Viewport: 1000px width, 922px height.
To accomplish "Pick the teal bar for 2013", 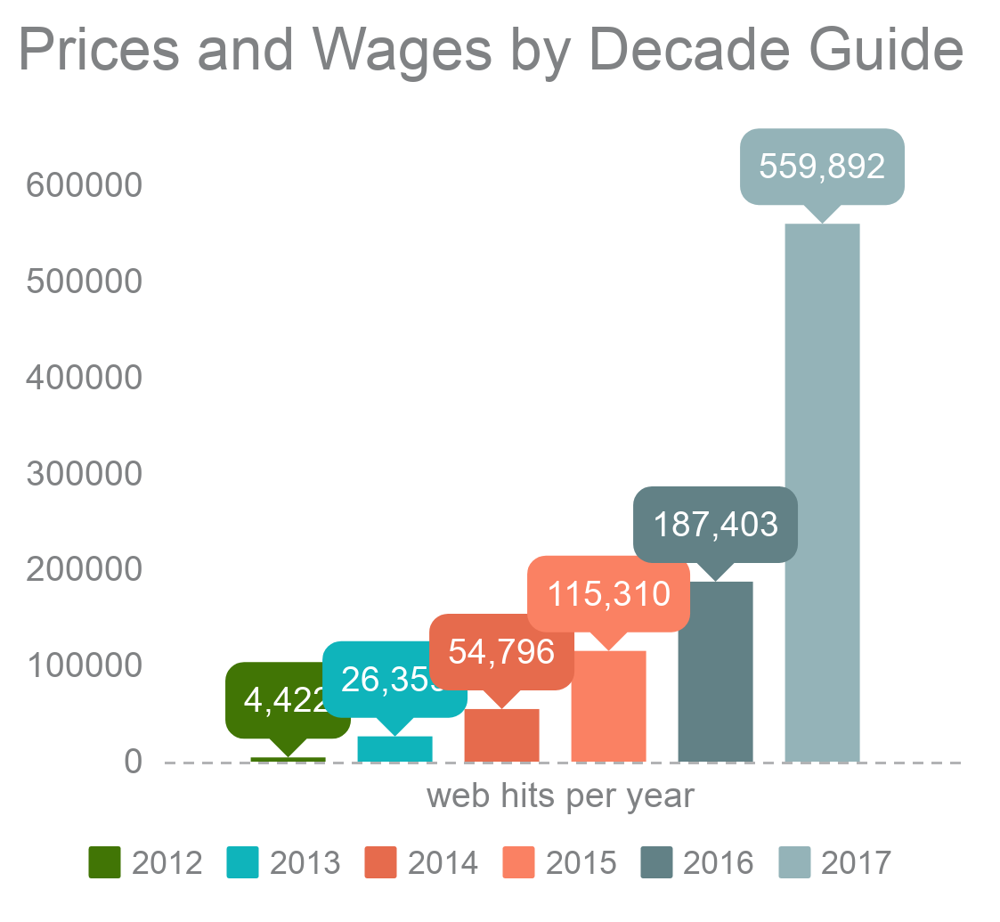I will (x=394, y=749).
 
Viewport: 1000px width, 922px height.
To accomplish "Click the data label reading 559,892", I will (x=822, y=167).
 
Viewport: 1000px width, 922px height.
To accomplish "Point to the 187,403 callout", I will (x=715, y=524).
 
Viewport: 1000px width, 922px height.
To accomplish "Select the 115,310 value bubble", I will (x=608, y=592).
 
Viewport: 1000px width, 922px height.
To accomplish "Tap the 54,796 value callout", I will (x=501, y=651).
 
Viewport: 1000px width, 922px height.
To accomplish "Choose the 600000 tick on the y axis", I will (x=84, y=186).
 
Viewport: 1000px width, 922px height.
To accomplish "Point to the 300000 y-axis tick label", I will (x=84, y=474).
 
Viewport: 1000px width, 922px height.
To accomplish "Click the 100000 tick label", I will (x=84, y=666).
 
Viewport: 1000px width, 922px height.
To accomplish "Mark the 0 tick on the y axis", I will (x=133, y=763).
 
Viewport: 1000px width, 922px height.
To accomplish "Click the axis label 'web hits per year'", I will (x=560, y=796).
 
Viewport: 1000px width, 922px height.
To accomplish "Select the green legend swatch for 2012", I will (x=104, y=862).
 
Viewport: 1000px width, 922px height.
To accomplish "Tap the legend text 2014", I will (x=443, y=862).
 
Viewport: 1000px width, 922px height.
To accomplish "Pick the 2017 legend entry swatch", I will (x=795, y=862).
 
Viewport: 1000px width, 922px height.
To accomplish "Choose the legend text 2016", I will (x=718, y=862).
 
